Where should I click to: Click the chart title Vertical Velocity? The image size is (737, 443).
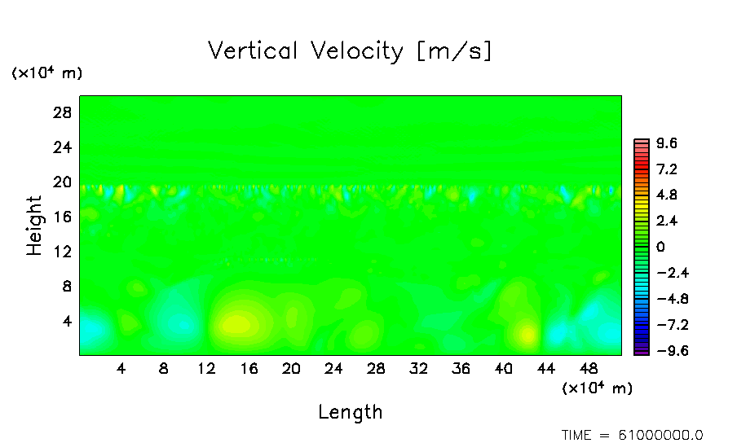tap(350, 51)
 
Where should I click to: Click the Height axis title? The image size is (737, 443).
tap(34, 226)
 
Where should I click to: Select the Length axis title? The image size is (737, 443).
tap(350, 412)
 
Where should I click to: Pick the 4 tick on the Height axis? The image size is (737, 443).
tap(68, 321)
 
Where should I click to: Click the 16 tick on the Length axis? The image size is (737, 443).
tap(249, 368)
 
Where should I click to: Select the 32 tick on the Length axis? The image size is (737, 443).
tap(418, 368)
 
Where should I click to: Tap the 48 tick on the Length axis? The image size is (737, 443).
tap(589, 368)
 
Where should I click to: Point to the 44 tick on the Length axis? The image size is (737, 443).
tap(546, 368)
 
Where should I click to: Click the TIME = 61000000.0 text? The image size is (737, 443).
tap(633, 435)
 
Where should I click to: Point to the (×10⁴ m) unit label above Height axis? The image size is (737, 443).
tap(46, 73)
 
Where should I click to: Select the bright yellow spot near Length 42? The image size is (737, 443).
tap(527, 333)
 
